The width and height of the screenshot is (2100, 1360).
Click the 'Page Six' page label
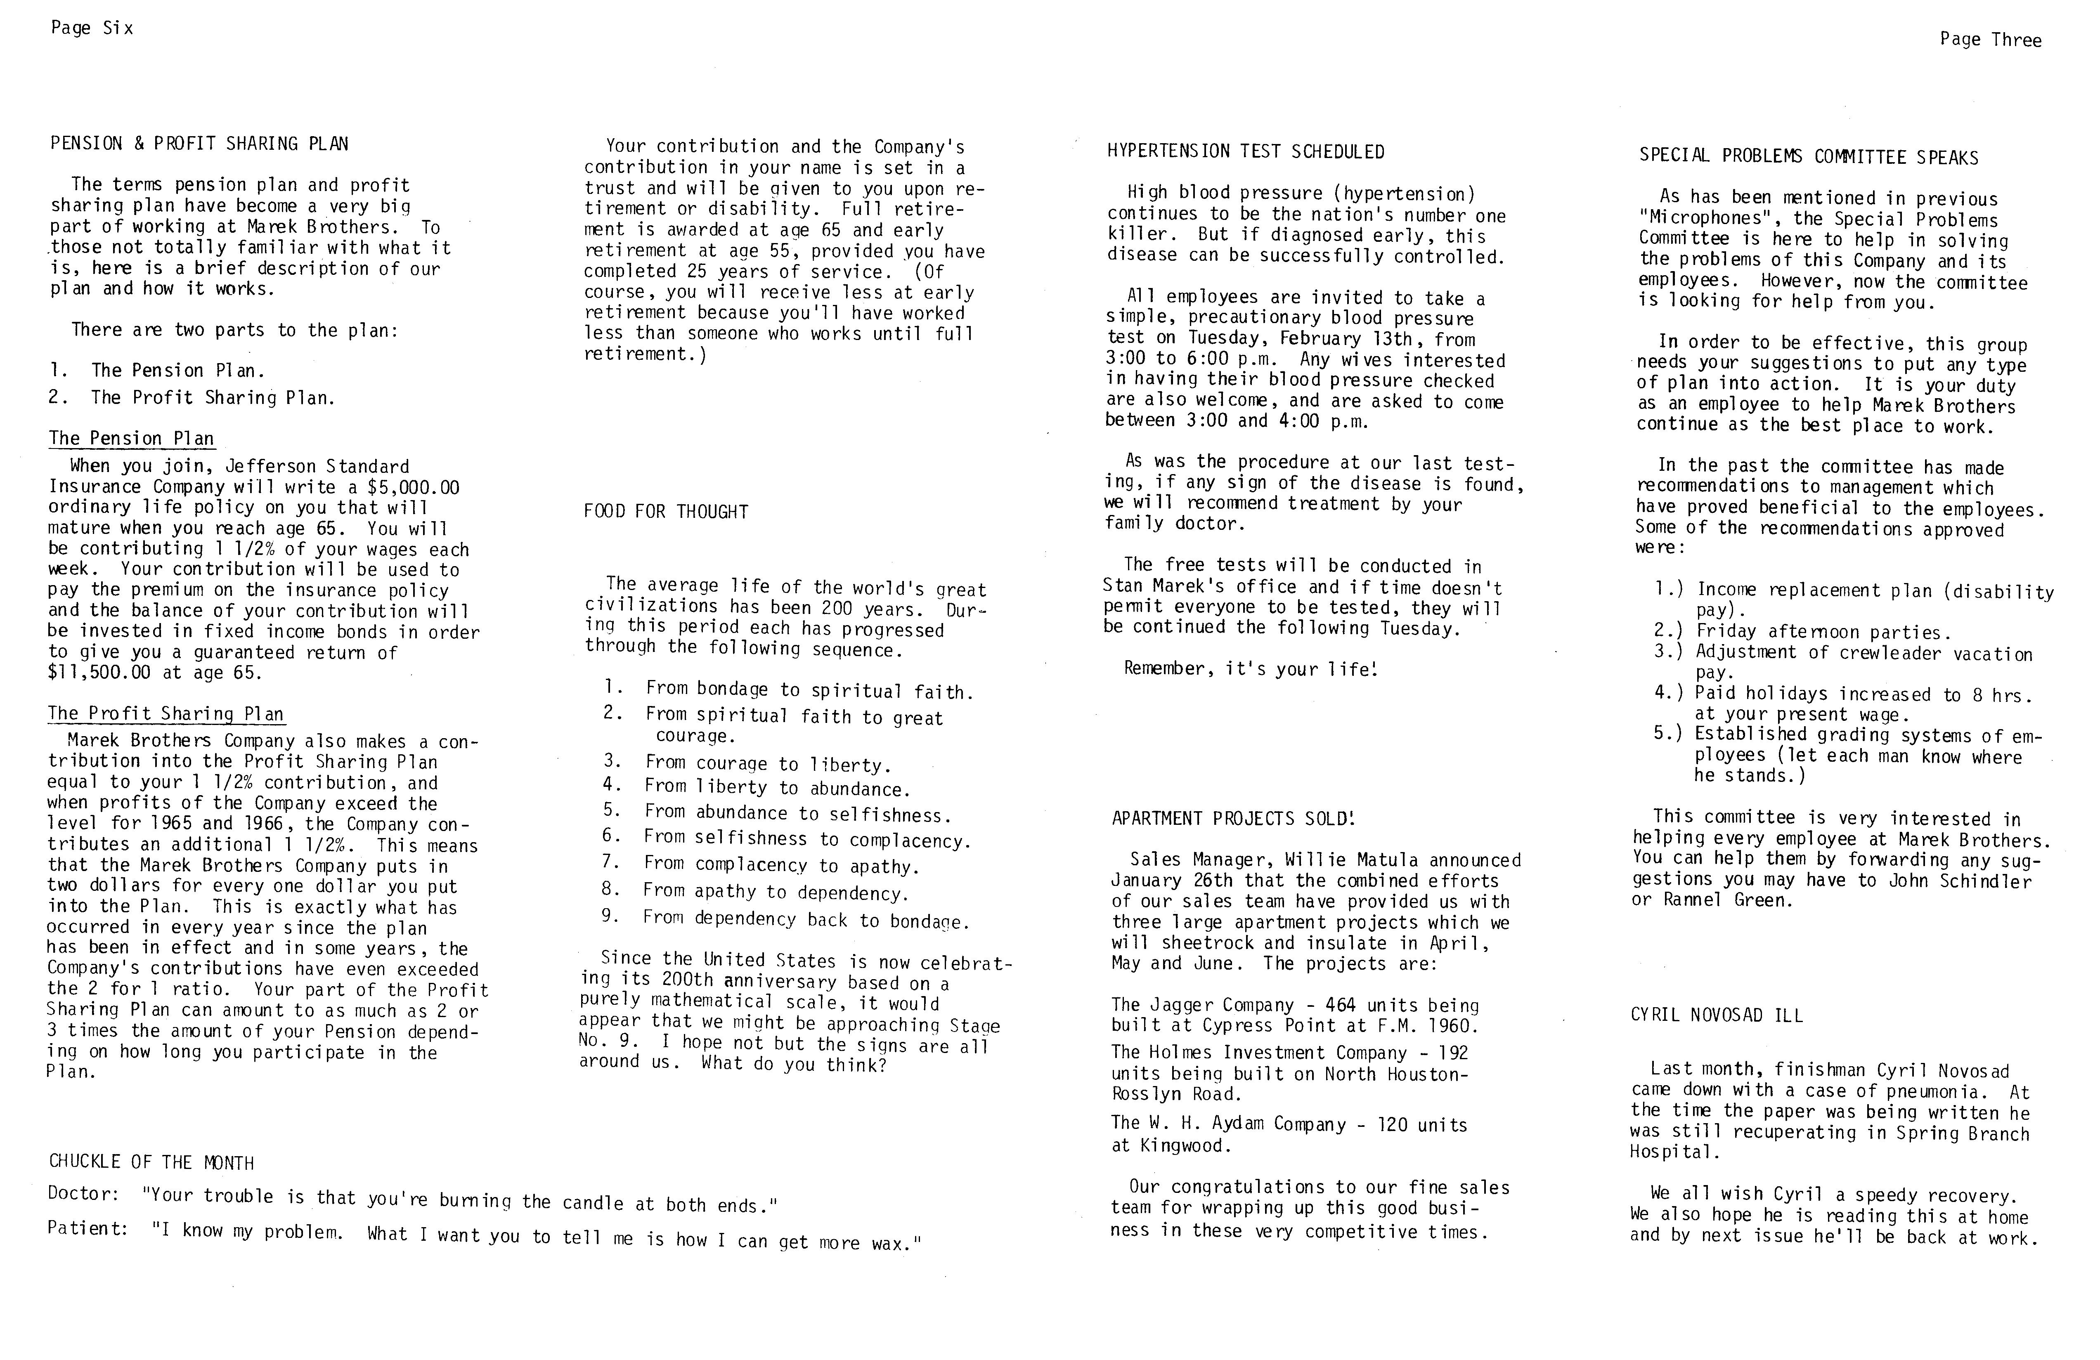[92, 28]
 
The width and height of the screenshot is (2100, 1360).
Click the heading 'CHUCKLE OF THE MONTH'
[151, 1162]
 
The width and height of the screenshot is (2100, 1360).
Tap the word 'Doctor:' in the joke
[83, 1193]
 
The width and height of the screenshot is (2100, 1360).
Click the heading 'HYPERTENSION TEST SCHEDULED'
[1245, 152]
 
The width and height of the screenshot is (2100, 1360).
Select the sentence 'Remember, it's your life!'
[1249, 668]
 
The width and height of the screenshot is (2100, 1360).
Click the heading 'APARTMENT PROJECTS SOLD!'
[1232, 819]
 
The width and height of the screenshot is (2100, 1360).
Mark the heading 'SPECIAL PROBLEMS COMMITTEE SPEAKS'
[1808, 157]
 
